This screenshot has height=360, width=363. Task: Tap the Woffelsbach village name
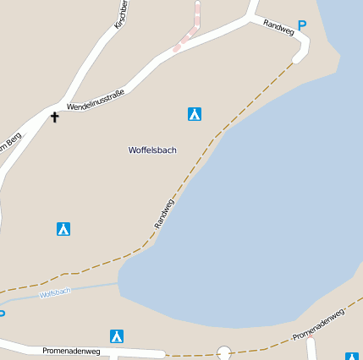(152, 150)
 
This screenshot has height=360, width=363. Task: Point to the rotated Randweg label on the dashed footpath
(164, 213)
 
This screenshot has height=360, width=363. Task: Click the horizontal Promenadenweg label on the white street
(71, 350)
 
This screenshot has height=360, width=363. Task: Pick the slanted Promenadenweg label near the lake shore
(318, 325)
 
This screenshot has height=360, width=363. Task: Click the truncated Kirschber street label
(121, 14)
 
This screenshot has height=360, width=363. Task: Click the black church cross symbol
(55, 117)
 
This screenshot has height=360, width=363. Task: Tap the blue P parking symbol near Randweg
(302, 26)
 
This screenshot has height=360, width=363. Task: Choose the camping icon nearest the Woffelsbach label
(195, 113)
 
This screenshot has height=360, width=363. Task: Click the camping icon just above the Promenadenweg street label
(117, 335)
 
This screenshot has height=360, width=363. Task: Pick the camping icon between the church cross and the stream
(63, 228)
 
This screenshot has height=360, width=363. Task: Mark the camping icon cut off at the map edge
(352, 357)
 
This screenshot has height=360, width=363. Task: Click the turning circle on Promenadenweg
(224, 352)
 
